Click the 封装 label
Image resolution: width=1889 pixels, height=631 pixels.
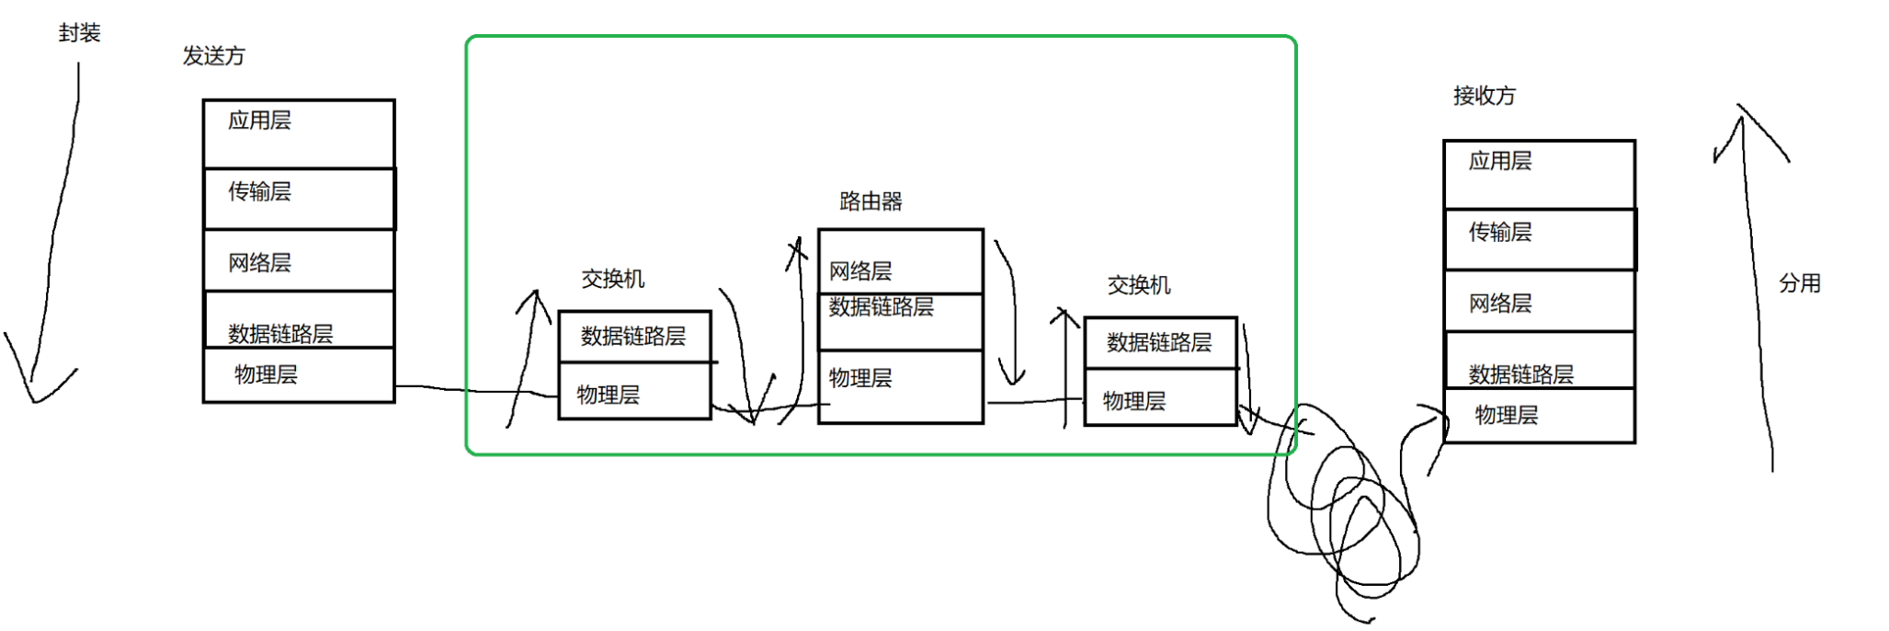click(79, 33)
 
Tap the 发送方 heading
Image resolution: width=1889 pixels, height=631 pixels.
click(213, 56)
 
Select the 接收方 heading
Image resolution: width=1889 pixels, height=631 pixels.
click(1484, 96)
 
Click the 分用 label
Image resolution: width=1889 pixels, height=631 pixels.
click(1799, 283)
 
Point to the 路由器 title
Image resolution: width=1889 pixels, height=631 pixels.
click(871, 201)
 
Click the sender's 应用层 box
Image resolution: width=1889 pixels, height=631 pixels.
click(299, 133)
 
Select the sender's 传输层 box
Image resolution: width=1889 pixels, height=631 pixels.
click(299, 198)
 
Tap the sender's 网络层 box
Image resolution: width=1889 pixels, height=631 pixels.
click(299, 261)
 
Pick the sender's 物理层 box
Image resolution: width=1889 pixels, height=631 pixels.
click(299, 375)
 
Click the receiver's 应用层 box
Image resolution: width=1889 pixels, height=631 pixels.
click(1539, 174)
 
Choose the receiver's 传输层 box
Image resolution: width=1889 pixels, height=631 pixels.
click(1539, 239)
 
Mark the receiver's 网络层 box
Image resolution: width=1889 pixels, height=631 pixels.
click(1539, 302)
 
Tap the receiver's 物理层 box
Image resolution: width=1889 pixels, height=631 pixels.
click(1539, 416)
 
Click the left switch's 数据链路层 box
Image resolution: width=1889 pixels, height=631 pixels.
click(634, 337)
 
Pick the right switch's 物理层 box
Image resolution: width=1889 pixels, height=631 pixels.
click(1160, 398)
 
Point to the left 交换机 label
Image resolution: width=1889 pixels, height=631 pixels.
click(612, 279)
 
